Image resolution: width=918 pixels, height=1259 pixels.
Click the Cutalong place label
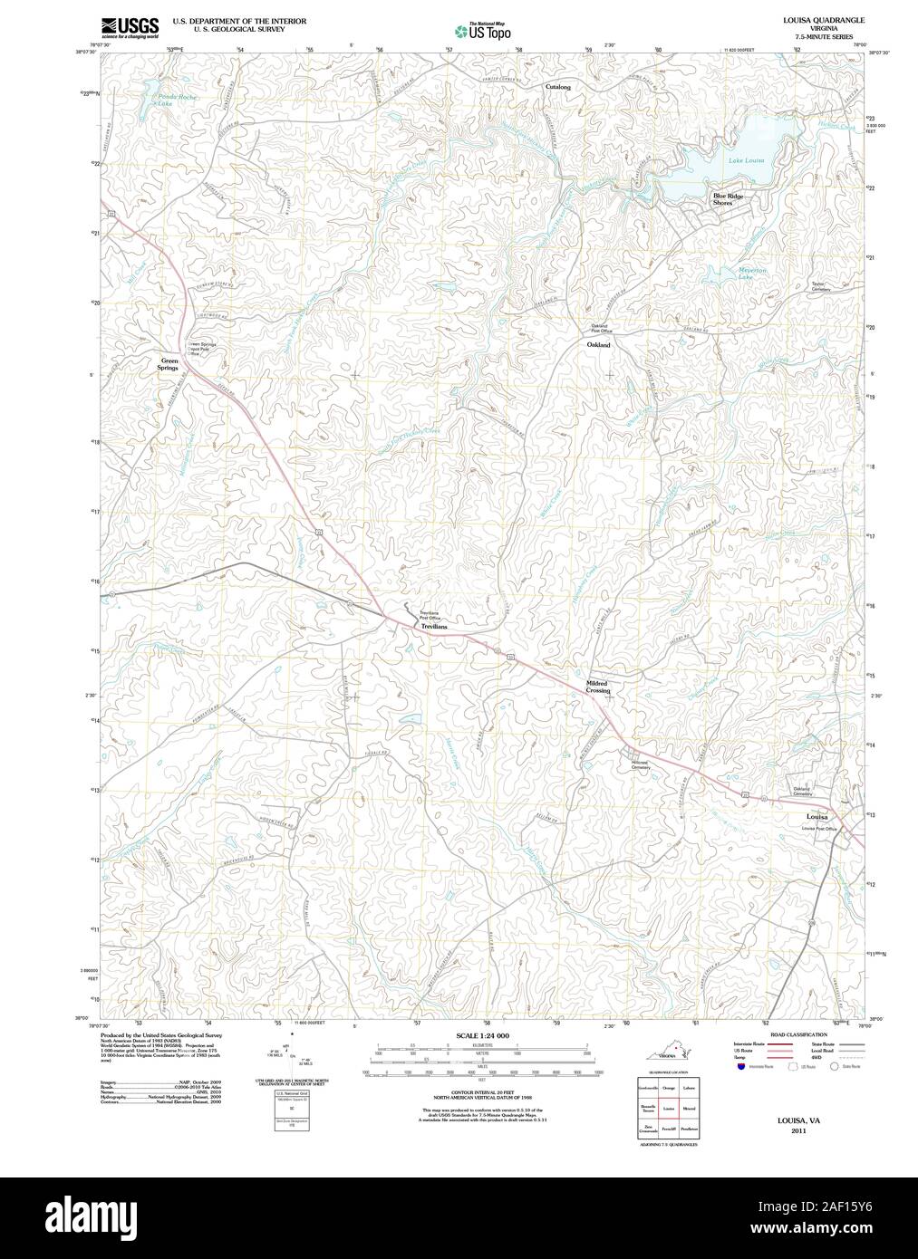click(x=558, y=87)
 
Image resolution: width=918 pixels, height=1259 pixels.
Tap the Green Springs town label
click(x=168, y=364)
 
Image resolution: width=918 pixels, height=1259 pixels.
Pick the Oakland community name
click(x=598, y=345)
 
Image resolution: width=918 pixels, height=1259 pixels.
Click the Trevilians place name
click(x=432, y=626)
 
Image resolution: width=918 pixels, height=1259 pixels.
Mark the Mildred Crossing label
click(x=597, y=687)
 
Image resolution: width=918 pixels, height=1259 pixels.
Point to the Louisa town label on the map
click(x=817, y=817)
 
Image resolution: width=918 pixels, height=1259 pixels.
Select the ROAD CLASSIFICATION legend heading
click(x=797, y=1034)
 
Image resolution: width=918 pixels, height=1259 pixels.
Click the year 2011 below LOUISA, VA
click(x=797, y=1130)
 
